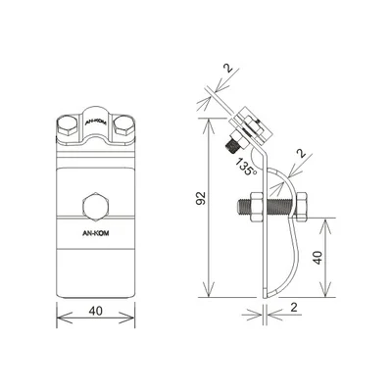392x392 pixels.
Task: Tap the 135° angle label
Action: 246,168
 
